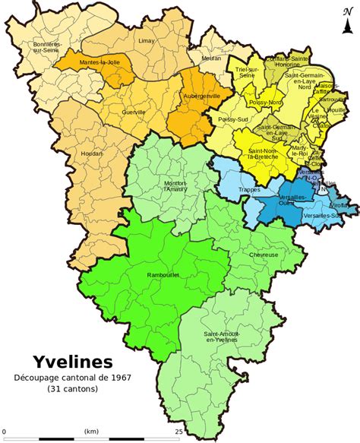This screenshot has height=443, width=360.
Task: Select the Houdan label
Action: click(x=83, y=152)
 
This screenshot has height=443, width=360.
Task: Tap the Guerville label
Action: click(x=134, y=112)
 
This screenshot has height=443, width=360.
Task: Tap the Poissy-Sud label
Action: click(x=232, y=120)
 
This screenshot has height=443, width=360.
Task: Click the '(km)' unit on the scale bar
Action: click(x=91, y=431)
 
